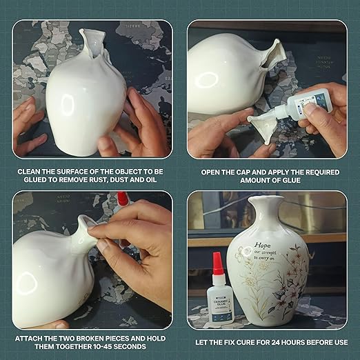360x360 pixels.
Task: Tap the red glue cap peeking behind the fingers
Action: [123, 199]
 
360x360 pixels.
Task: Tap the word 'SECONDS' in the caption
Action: [130, 348]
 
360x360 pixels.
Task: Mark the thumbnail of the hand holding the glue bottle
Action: [311, 108]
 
